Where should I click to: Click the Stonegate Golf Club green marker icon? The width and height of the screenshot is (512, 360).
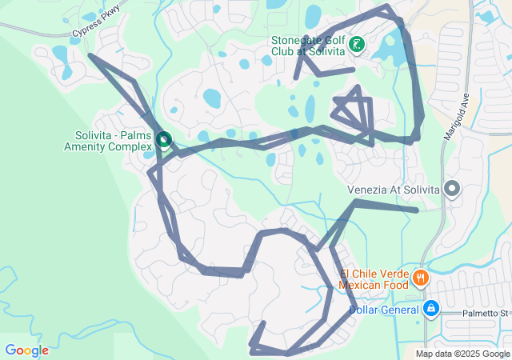click(356, 45)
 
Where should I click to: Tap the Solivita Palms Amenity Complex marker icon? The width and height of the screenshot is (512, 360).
click(164, 141)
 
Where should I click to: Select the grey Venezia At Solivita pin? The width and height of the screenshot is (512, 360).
click(452, 190)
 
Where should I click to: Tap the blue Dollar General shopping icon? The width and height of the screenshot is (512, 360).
click(430, 308)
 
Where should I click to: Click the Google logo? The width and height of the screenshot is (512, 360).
click(26, 350)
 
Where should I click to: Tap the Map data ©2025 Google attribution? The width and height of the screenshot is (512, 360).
click(462, 354)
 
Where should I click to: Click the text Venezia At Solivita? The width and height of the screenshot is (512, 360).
click(394, 190)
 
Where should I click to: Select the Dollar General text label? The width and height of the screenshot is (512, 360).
click(384, 310)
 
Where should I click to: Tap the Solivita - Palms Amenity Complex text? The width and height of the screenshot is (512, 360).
click(107, 141)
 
